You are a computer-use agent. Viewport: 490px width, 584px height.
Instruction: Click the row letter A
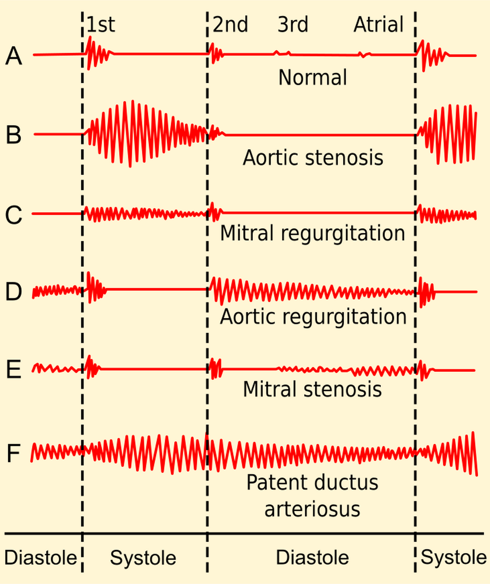(x=13, y=56)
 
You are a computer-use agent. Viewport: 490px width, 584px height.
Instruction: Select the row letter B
(x=13, y=135)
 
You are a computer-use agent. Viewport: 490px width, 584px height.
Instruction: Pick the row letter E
(x=13, y=370)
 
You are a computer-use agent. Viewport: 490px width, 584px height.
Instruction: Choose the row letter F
(x=13, y=453)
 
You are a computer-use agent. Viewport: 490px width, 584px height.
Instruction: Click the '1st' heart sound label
(x=100, y=25)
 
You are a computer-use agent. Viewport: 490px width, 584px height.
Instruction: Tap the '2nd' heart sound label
(x=230, y=25)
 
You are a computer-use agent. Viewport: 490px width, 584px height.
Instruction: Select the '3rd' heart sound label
(x=293, y=25)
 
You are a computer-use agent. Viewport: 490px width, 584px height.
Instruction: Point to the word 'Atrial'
(x=378, y=25)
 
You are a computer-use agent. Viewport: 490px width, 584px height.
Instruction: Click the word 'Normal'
(x=312, y=77)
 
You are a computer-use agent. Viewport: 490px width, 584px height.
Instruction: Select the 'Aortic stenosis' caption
(x=313, y=158)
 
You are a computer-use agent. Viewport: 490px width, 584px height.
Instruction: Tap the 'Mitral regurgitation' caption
(x=312, y=233)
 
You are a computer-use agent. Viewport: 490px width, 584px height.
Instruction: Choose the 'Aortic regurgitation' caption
(x=313, y=317)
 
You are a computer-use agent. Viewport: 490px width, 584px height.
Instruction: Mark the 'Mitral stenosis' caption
(x=312, y=389)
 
